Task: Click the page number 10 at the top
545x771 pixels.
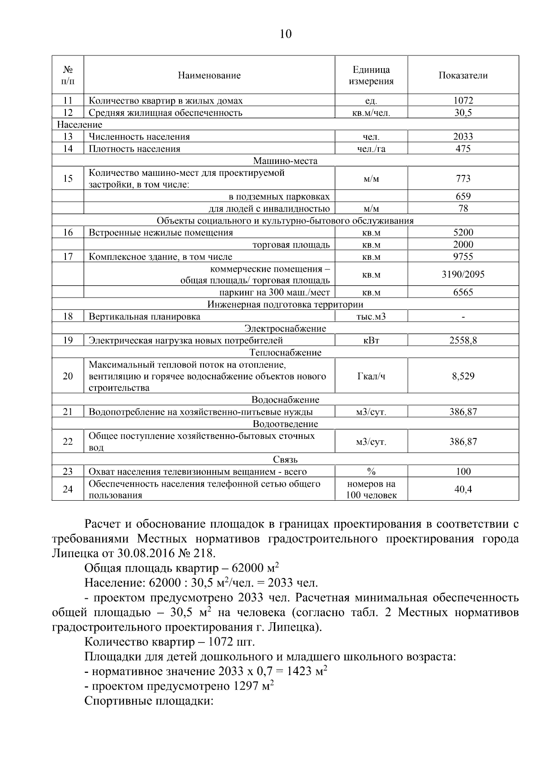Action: [286, 34]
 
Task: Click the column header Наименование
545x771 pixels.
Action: [209, 75]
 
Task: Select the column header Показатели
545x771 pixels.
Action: [463, 75]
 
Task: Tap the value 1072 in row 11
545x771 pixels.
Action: [463, 100]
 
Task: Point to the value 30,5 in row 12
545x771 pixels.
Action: [463, 113]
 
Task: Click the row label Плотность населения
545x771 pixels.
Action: [134, 149]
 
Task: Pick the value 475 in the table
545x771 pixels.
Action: [463, 149]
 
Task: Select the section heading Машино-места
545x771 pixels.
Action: [285, 161]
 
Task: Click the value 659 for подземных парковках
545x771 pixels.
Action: [463, 196]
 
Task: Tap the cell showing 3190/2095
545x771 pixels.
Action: [463, 274]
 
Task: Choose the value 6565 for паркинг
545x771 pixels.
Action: [463, 292]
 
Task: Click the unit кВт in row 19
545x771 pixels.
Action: [371, 340]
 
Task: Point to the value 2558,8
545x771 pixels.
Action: [463, 340]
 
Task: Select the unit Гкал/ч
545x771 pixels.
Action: [371, 376]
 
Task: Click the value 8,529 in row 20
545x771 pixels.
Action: [463, 376]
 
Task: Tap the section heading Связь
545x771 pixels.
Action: [285, 459]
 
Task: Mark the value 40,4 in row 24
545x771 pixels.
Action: [463, 489]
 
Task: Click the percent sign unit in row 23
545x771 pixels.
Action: [371, 472]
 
